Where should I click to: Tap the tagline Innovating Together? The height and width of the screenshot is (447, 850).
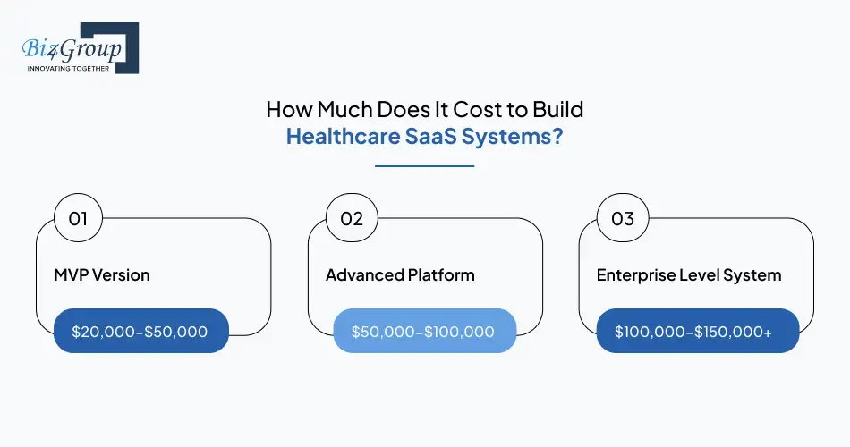pyautogui.click(x=68, y=68)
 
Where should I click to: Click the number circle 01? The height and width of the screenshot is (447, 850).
pyautogui.click(x=78, y=219)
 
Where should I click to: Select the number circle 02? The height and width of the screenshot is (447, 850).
pyautogui.click(x=351, y=219)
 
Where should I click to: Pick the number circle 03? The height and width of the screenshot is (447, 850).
pyautogui.click(x=622, y=219)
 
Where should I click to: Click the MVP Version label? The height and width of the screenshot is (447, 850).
pyautogui.click(x=102, y=274)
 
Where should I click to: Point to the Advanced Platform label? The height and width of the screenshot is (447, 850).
pyautogui.click(x=399, y=274)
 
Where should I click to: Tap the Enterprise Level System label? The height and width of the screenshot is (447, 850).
pyautogui.click(x=689, y=274)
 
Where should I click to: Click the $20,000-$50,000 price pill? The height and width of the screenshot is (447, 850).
pyautogui.click(x=140, y=332)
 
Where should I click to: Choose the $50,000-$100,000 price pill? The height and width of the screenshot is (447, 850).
pyautogui.click(x=424, y=332)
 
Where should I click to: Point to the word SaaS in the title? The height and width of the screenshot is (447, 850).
pyautogui.click(x=421, y=139)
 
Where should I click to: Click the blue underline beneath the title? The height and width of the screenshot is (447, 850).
pyautogui.click(x=424, y=166)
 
